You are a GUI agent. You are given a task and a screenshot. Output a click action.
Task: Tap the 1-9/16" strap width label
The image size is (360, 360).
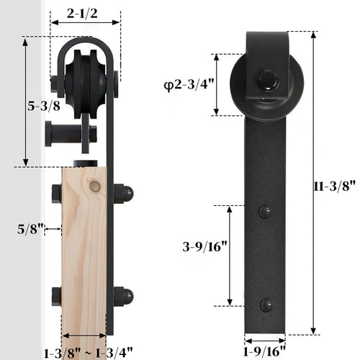(265, 351)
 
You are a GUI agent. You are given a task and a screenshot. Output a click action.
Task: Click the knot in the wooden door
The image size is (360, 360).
(94, 186)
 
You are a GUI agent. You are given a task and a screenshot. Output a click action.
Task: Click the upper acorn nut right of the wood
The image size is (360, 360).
(123, 193)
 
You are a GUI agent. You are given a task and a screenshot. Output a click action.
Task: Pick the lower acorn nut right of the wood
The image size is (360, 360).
(123, 296)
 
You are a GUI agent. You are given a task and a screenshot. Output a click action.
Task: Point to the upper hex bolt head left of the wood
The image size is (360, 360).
(55, 194)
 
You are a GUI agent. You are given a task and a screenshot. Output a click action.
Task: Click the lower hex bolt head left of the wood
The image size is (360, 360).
(55, 297)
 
